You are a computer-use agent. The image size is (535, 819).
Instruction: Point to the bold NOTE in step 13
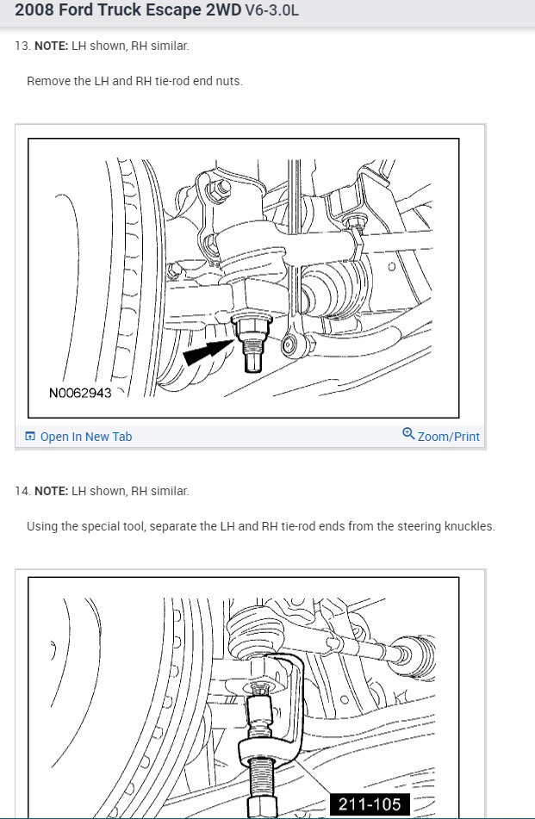50,46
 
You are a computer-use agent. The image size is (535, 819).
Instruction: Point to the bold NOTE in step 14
50,491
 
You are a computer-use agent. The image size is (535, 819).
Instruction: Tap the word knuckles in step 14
470,526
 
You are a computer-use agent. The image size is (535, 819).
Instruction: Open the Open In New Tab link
85,437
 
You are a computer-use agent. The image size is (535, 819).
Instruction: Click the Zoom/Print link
448,437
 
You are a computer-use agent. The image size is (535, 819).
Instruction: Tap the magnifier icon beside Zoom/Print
408,434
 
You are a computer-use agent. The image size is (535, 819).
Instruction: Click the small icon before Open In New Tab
30,437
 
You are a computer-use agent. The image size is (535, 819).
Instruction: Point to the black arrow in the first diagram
207,351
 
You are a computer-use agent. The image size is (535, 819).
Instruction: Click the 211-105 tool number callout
370,804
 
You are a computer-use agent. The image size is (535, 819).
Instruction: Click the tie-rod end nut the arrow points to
252,326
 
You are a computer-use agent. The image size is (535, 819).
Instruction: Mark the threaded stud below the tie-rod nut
253,353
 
